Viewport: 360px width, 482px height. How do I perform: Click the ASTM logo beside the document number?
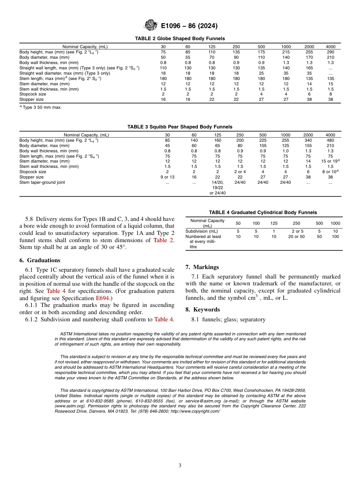(x=151, y=26)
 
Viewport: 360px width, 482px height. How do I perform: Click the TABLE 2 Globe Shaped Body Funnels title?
(x=180, y=39)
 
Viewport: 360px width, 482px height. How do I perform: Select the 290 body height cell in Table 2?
(x=330, y=52)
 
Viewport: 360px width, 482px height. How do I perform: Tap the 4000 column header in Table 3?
(x=330, y=135)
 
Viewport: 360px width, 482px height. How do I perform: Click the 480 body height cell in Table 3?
(x=330, y=140)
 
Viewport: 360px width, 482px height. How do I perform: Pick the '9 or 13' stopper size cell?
(x=167, y=177)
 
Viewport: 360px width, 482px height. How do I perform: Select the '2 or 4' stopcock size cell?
(x=240, y=172)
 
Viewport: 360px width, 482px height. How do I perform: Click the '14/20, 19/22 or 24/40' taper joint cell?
(x=218, y=188)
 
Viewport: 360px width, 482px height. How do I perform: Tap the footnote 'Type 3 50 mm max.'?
(x=41, y=107)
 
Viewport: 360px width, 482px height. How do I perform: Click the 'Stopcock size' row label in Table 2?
(x=33, y=94)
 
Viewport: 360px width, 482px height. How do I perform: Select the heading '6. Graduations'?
(x=39, y=260)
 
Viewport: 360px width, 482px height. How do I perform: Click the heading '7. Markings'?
(x=202, y=267)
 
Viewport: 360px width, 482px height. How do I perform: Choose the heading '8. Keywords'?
(x=202, y=310)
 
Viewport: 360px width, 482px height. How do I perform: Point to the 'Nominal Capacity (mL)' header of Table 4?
(x=207, y=223)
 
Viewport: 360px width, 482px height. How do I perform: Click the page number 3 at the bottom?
(x=180, y=465)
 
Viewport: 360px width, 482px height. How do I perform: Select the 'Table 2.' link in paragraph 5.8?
(x=164, y=240)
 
